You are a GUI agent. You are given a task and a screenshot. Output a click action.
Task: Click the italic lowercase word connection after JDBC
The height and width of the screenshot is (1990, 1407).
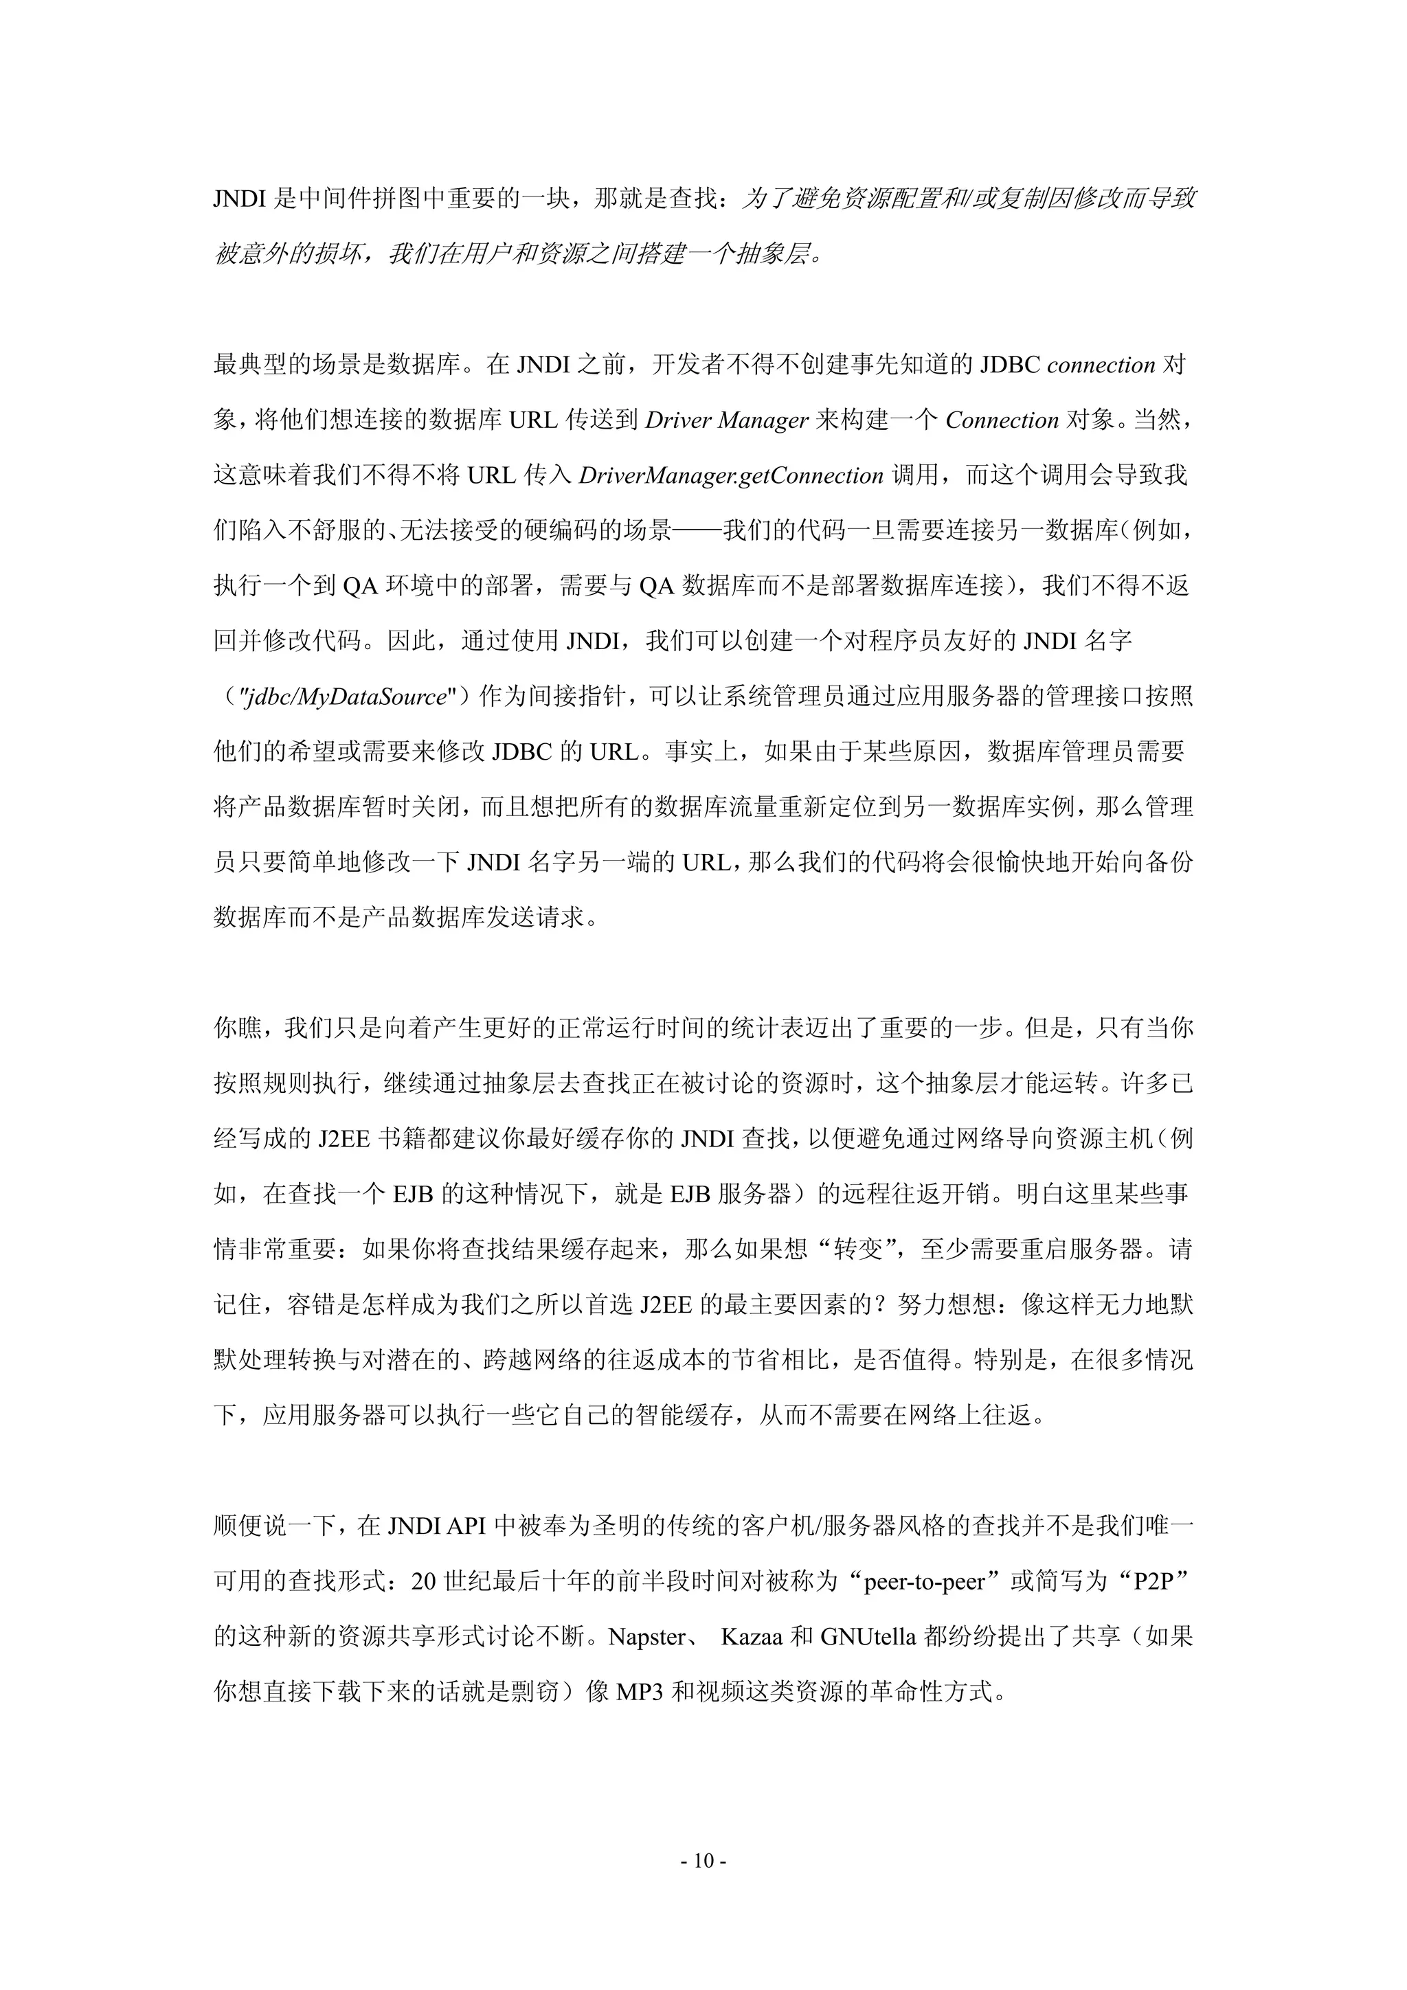coord(1101,365)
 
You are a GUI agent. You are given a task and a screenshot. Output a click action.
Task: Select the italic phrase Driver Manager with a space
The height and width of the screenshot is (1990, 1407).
coord(726,420)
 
